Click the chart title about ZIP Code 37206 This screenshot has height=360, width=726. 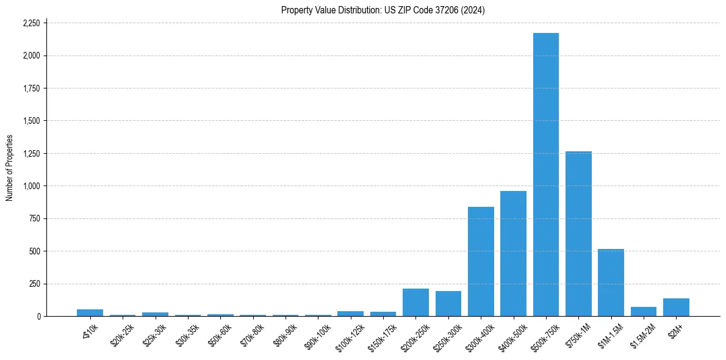click(x=383, y=10)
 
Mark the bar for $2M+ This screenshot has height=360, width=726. click(x=676, y=308)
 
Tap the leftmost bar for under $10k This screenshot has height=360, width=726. click(x=90, y=313)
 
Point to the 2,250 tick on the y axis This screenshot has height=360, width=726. click(x=31, y=23)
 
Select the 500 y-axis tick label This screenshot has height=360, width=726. click(x=34, y=251)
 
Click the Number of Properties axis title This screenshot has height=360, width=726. click(x=10, y=168)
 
